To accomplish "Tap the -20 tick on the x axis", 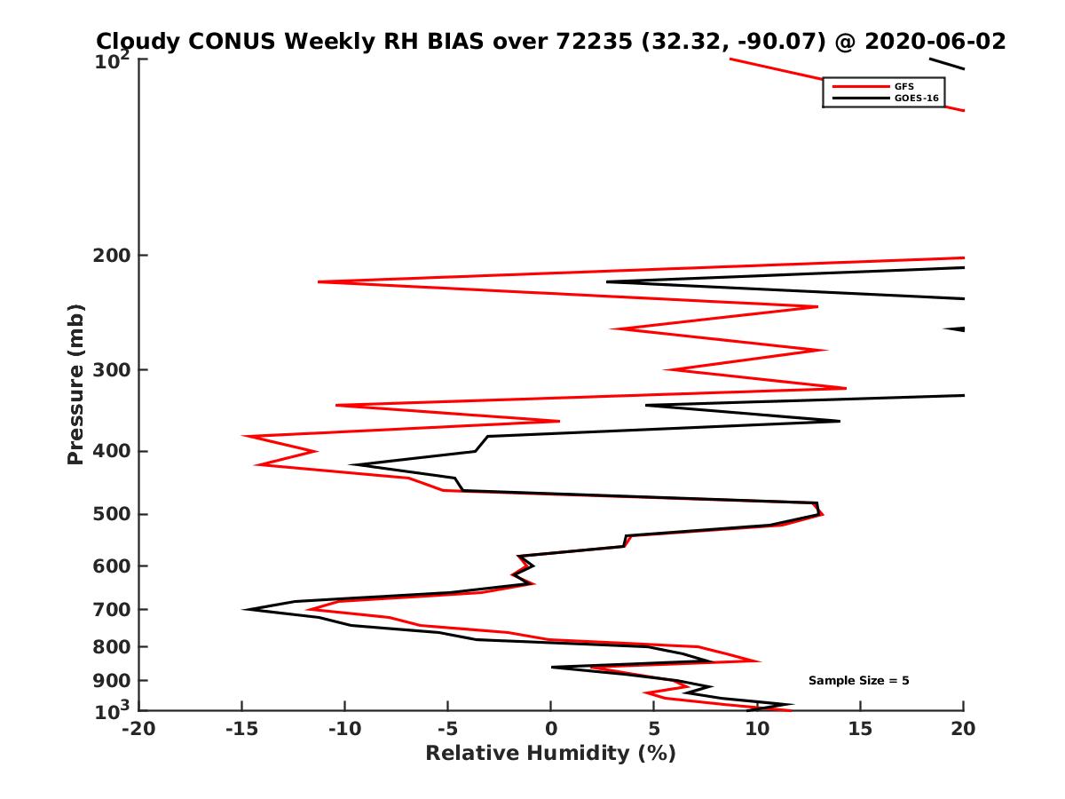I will tap(138, 730).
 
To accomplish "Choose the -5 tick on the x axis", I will tap(447, 730).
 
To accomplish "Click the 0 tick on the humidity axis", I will tap(551, 730).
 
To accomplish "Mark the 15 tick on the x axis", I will tap(860, 730).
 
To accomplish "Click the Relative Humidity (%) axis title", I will tap(550, 754).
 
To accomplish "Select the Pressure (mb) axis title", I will tap(75, 384).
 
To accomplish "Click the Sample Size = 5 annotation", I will tap(858, 681).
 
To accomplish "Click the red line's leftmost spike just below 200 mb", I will tap(319, 281).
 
